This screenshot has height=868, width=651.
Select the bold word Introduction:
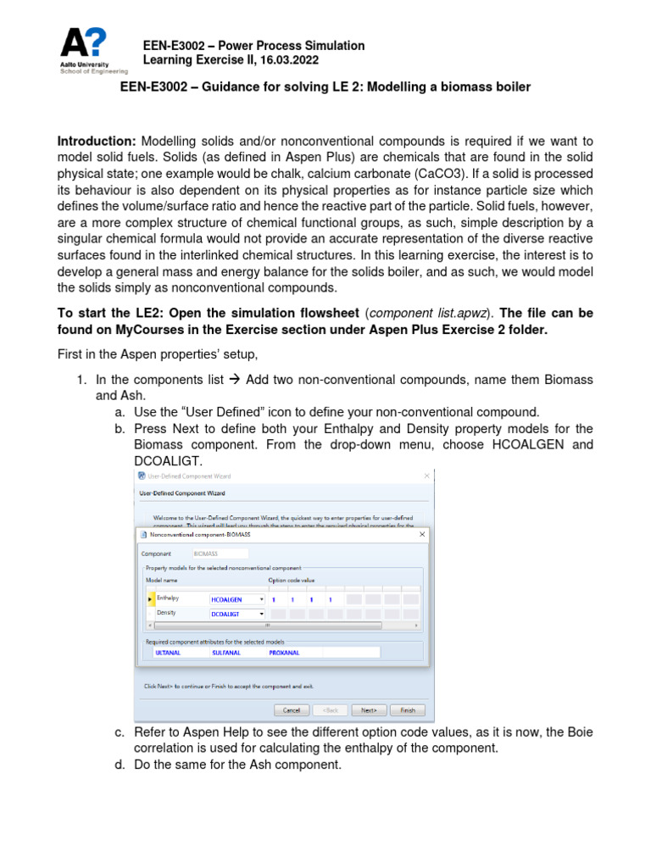(x=97, y=141)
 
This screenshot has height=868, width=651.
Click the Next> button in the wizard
(x=369, y=710)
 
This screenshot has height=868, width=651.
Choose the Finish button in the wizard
(x=408, y=710)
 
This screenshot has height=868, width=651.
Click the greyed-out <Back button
(x=330, y=710)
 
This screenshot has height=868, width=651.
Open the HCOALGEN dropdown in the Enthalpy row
(x=261, y=598)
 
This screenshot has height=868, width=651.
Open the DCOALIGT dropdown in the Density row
(x=261, y=613)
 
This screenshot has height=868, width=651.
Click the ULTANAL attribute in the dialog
(x=166, y=653)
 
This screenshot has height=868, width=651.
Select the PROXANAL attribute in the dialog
(x=284, y=653)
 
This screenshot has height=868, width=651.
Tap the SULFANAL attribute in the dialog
(x=225, y=653)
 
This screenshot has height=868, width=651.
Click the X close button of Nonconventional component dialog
(x=421, y=534)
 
